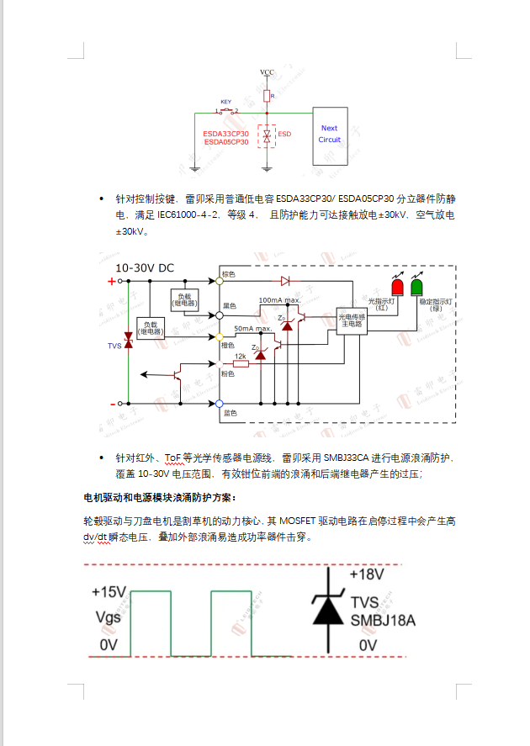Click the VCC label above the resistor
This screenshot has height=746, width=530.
pos(267,73)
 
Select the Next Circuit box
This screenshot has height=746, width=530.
pos(330,134)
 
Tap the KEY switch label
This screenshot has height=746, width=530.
pos(225,102)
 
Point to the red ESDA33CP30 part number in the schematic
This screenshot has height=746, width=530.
pos(225,134)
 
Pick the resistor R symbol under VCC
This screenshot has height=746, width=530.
pos(268,96)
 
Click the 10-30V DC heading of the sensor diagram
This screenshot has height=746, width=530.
pos(145,268)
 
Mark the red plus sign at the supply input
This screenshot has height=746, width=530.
pos(111,282)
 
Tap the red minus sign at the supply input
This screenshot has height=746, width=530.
pos(111,404)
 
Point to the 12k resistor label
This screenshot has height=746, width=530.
pos(240,357)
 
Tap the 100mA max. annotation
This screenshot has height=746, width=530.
pos(280,300)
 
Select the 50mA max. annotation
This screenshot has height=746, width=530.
pos(252,328)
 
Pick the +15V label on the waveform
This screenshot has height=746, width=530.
pos(109,592)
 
